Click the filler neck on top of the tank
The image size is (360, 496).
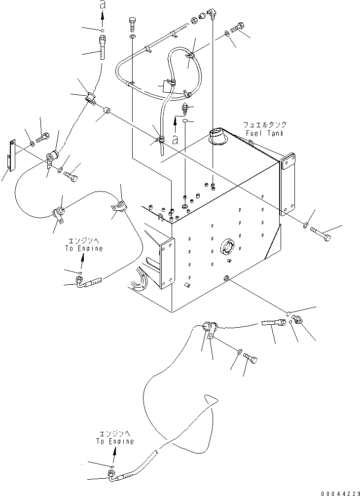coord(217,136)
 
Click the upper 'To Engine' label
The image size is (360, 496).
coord(84,248)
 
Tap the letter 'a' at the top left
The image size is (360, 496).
coord(102,5)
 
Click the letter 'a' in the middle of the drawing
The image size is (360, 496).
coord(176,140)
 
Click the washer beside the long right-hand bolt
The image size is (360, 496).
coord(306,226)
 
